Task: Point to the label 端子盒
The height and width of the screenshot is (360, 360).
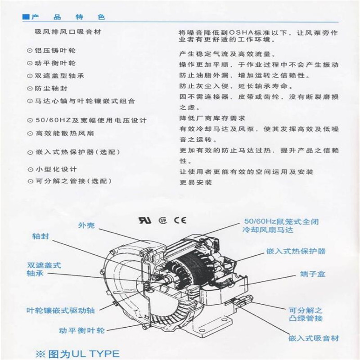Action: click(x=310, y=274)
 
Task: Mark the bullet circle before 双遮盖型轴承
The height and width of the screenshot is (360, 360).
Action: click(x=30, y=76)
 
